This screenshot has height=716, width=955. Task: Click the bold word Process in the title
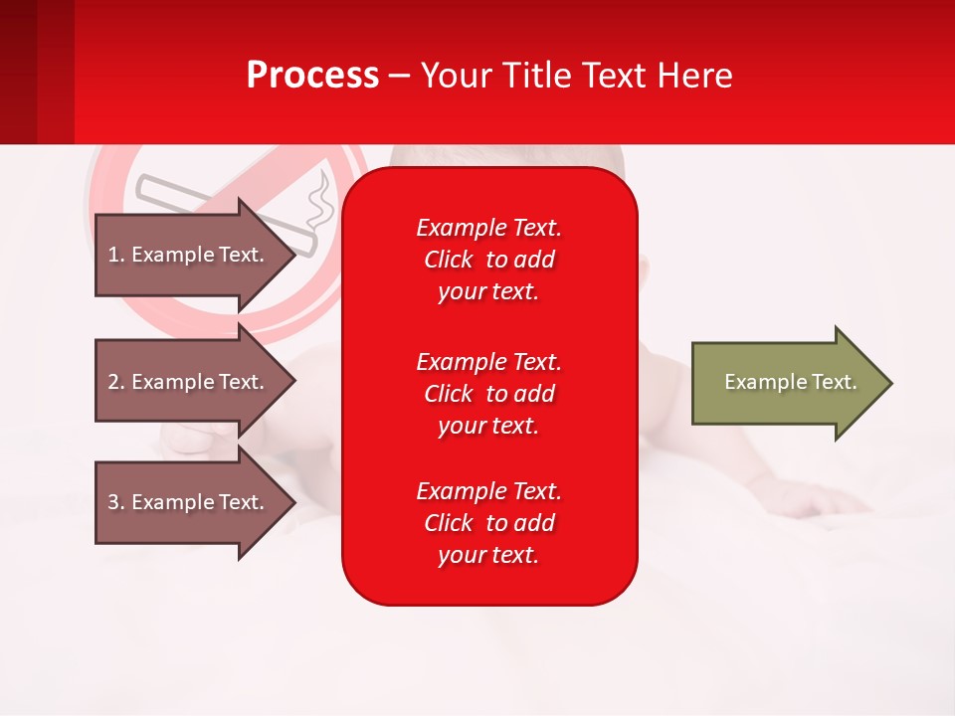click(x=312, y=76)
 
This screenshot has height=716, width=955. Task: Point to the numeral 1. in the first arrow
click(x=116, y=255)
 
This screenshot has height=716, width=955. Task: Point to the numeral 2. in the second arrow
click(x=116, y=382)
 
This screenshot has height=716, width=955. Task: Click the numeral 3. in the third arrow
click(x=116, y=502)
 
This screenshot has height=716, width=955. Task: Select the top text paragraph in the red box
click(x=488, y=260)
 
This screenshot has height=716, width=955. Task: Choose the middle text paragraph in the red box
click(x=488, y=394)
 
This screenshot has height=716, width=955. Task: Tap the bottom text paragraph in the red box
click(x=488, y=523)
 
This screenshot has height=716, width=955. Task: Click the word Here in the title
click(x=696, y=76)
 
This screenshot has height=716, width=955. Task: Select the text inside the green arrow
click(x=790, y=382)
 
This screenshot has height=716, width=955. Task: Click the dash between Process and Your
click(x=400, y=76)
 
